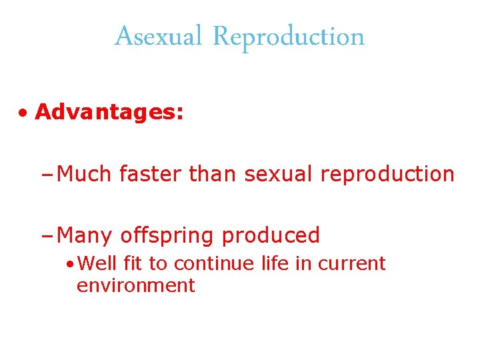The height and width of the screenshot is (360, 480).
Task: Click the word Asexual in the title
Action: coord(157,37)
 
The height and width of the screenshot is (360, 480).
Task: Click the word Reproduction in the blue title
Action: coord(288,37)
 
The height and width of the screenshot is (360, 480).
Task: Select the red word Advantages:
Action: coord(109,112)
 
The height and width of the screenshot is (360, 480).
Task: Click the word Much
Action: coord(85,174)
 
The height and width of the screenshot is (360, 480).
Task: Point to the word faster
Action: coord(151,174)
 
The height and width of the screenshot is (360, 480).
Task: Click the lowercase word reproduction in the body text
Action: coord(387,174)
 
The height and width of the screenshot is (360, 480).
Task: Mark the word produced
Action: coord(271,236)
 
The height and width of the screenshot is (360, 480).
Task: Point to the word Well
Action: coord(97,263)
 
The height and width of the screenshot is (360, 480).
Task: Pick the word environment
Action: coord(135,285)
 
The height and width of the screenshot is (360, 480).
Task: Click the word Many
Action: coord(85,236)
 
